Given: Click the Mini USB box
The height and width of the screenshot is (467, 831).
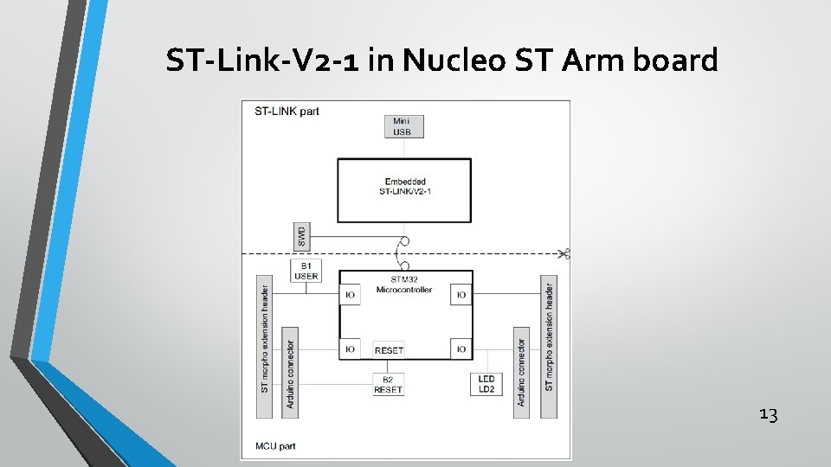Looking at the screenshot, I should [403, 126].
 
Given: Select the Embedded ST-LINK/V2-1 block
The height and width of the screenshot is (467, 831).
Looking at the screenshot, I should [404, 189].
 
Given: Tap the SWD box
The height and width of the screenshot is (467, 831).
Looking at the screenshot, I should [301, 233].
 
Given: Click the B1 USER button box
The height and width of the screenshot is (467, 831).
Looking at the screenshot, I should [306, 271].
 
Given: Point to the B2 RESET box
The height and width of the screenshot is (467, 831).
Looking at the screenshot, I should [388, 385].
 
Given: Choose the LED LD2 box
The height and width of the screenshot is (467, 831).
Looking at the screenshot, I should [486, 385].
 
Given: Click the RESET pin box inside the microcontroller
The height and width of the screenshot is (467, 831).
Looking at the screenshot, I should [389, 350].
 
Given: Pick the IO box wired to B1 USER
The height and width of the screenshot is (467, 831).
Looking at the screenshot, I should [350, 295].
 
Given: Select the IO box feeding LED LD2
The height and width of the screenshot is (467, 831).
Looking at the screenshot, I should [461, 349].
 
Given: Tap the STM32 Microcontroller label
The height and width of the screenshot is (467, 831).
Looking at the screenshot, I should [404, 285].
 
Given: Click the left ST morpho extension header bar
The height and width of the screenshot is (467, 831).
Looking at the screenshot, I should [265, 347].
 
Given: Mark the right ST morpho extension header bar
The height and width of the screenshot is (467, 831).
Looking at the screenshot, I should [548, 347].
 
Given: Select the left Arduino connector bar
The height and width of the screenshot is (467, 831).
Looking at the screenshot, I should [290, 372].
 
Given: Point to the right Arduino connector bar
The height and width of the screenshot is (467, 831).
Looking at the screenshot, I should [521, 372].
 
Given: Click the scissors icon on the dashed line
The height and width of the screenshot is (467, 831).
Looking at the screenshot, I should [564, 253].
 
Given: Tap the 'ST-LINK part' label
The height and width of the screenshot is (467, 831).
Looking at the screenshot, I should [287, 111].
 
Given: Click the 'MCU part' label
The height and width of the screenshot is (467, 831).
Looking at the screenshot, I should [276, 447].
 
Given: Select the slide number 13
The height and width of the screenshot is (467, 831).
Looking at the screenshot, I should [768, 415].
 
